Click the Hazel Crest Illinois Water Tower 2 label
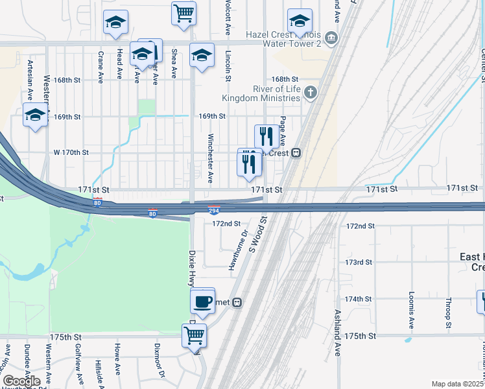283,38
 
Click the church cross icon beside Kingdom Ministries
311,93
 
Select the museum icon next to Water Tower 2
332,38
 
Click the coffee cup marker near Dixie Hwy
203,301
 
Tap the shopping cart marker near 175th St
194,336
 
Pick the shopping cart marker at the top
184,12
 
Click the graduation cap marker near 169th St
35,115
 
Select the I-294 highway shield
214,210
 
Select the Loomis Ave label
411,311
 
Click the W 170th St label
71,153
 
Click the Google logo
21,381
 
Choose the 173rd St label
359,263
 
